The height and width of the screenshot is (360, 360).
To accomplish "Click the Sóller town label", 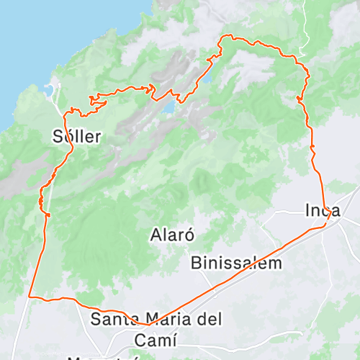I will pos(77,135).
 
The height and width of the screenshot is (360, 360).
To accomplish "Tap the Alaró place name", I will pos(173,235).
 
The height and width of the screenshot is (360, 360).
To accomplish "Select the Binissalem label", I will pos(236,263).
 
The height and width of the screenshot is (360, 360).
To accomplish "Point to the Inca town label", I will pos(322,212).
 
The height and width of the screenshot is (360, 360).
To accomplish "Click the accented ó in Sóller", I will pos(67,135).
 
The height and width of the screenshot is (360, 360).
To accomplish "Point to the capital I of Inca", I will pos(307,212).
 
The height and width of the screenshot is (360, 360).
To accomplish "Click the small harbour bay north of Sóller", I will pos(50,90).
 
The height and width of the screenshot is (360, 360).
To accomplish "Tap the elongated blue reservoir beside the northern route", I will pos(207,78).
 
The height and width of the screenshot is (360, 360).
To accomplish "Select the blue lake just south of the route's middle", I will pos(168,108).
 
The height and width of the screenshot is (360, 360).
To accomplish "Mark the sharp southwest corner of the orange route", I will pos(29,296).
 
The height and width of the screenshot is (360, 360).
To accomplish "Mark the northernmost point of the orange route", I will pos(229,36).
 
